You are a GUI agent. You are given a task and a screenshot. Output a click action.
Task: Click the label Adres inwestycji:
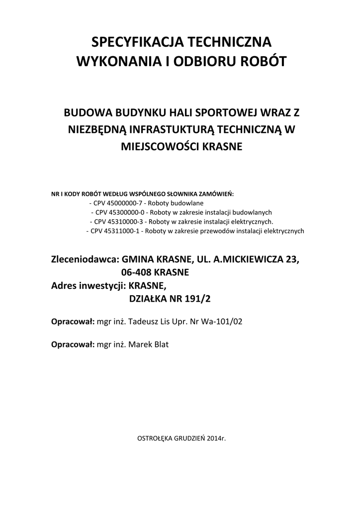tap(89, 285)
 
